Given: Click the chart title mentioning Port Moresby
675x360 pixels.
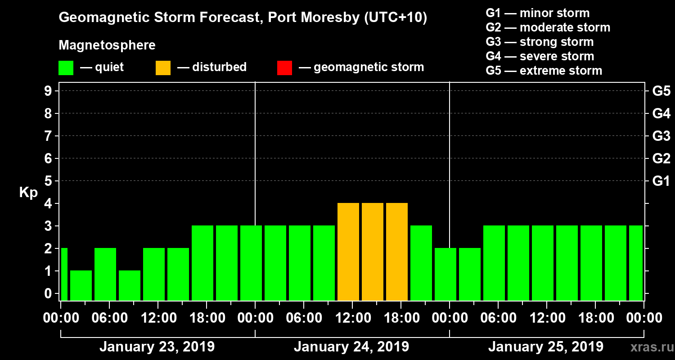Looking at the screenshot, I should click(243, 18).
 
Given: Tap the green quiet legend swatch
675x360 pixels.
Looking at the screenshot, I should click(66, 67).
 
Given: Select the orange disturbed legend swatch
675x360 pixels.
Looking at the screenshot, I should click(163, 67).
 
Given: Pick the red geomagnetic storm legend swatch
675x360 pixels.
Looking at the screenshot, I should click(284, 67).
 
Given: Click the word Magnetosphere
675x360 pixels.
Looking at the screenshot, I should click(107, 45).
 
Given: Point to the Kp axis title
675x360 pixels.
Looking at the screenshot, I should click(28, 193).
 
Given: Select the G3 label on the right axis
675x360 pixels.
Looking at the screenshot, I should click(661, 136).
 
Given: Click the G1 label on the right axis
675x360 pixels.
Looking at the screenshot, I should click(661, 181).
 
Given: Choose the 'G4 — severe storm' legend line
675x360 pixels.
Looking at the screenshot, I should click(540, 56).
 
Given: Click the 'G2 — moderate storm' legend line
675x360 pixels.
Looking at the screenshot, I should click(548, 27).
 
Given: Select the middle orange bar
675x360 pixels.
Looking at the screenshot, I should click(373, 252).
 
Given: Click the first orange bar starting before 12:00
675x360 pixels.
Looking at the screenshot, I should click(348, 252).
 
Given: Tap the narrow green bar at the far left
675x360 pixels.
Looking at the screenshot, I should click(64, 274).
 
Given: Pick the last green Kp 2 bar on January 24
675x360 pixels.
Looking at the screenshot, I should click(445, 274).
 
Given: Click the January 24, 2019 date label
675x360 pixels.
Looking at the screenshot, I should click(351, 347).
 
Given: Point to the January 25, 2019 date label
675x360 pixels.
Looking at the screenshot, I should click(546, 347).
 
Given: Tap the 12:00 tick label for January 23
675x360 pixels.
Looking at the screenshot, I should click(157, 318).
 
